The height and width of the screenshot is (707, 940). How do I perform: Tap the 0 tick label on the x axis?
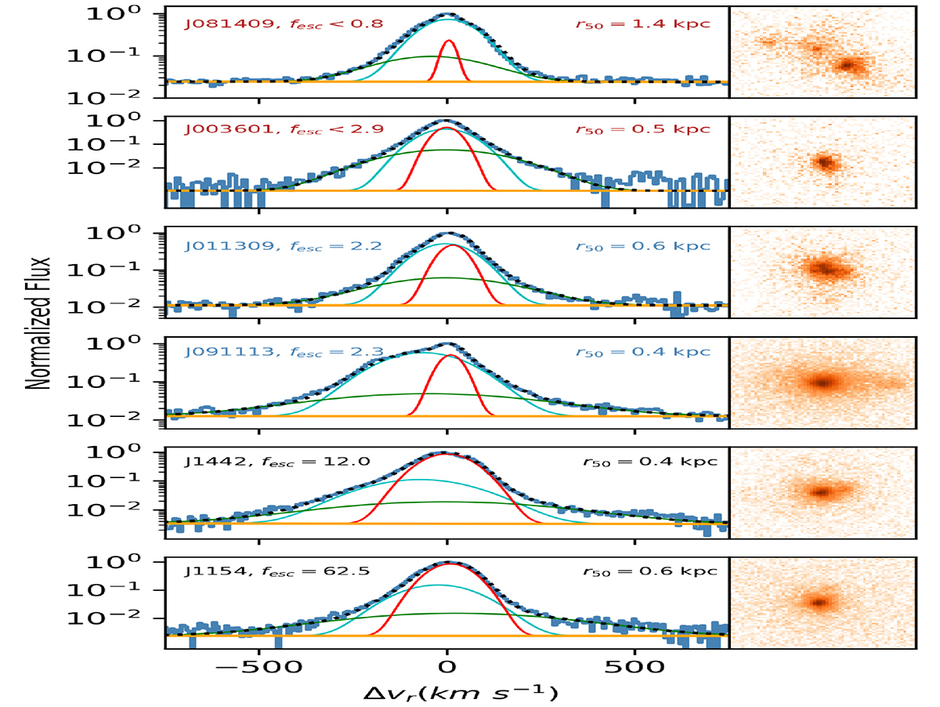[446, 669]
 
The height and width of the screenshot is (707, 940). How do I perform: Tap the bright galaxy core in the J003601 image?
[824, 162]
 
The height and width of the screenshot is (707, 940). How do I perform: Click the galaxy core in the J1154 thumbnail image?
[819, 602]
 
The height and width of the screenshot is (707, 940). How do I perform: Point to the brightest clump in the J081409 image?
[849, 66]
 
